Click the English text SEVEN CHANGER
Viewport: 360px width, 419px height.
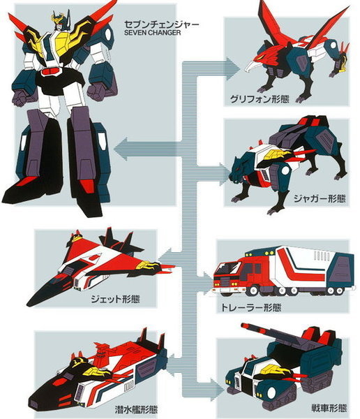coord(153,33)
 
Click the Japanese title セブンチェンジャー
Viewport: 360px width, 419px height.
coord(162,24)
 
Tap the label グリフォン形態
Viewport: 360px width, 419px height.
coord(260,99)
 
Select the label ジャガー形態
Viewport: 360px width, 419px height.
coord(320,199)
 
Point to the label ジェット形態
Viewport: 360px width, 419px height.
coord(115,298)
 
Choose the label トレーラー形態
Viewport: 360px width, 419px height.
coord(251,307)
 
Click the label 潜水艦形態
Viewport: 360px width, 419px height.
coord(136,409)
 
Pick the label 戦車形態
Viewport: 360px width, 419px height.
coord(329,408)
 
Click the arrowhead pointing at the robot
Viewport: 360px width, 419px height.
coord(121,149)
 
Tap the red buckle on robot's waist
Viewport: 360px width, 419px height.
coord(50,72)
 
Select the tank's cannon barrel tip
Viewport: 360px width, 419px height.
coord(243,325)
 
